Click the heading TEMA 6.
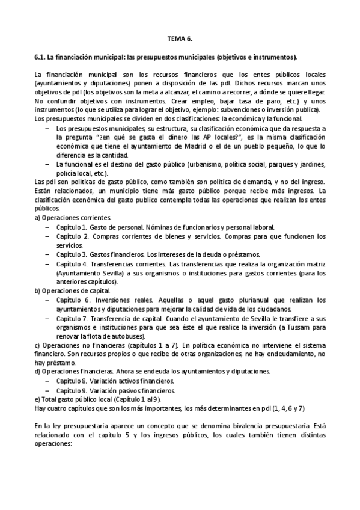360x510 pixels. [x=180, y=38]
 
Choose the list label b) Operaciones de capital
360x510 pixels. [x=71, y=290]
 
